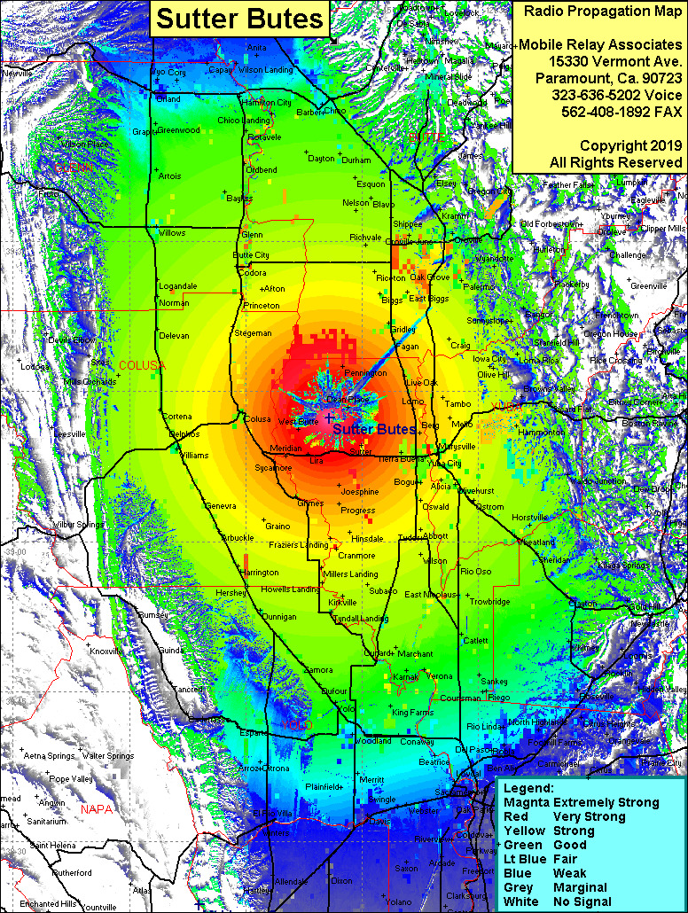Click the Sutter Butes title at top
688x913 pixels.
click(x=241, y=19)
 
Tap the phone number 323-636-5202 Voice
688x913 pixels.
click(x=599, y=95)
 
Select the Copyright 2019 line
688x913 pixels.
click(x=599, y=145)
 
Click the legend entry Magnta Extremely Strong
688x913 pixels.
click(x=581, y=802)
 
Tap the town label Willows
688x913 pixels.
click(x=172, y=232)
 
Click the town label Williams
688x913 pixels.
click(x=193, y=455)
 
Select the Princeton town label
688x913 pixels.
click(x=261, y=306)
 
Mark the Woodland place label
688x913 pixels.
click(x=373, y=740)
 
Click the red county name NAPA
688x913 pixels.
click(x=97, y=809)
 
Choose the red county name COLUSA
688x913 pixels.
click(x=142, y=365)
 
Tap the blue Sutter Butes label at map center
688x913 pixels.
click(x=373, y=429)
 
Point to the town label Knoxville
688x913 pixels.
click(x=107, y=651)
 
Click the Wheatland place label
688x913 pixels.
click(x=536, y=542)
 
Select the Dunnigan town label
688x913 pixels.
click(x=278, y=616)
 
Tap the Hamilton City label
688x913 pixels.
click(x=267, y=103)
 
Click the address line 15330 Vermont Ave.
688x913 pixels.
click(x=599, y=61)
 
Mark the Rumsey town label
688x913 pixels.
click(x=152, y=615)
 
